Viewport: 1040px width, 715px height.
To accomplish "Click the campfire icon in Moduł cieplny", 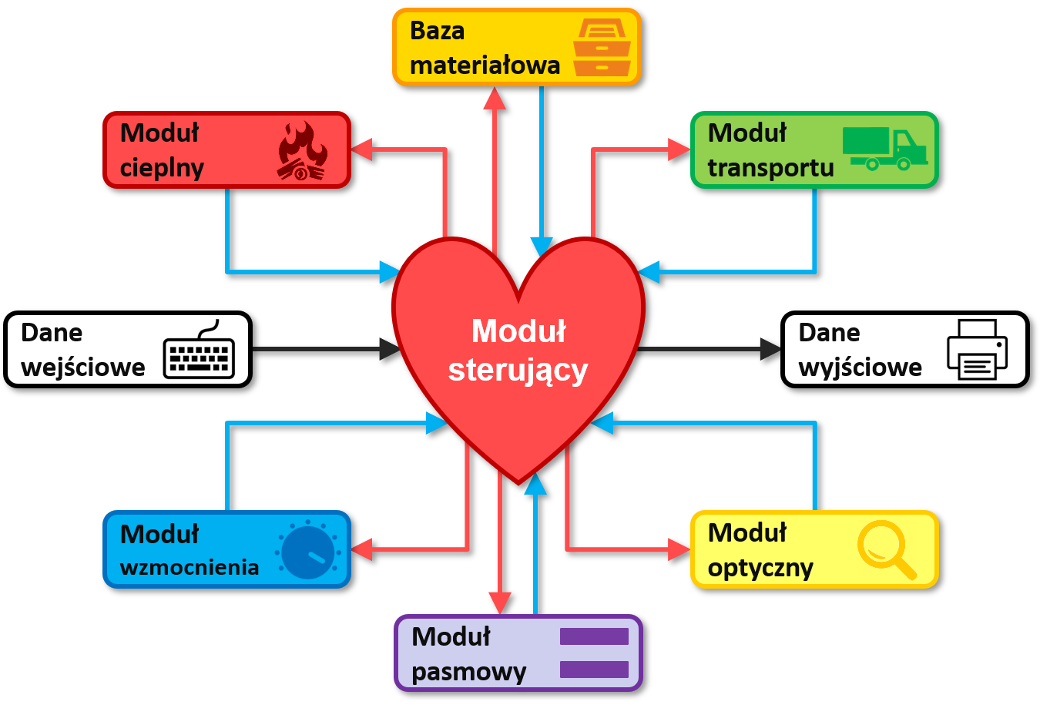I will coord(303,151).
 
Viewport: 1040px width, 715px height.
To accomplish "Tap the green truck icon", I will coord(884,148).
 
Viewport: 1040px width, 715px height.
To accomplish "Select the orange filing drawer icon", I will coord(602,48).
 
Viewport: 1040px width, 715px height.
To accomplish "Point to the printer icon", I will coord(977,350).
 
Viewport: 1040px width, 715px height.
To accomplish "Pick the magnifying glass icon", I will coord(886,549).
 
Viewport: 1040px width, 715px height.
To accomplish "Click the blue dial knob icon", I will coord(308,551).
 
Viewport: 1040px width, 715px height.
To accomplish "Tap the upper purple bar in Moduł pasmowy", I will coord(594,636).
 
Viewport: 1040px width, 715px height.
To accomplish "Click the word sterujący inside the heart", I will coord(518,370).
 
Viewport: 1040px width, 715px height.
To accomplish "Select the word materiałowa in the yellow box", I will coord(485,65).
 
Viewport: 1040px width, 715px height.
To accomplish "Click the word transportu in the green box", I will coord(770,168).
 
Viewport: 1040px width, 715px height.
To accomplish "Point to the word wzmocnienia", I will coord(190,568).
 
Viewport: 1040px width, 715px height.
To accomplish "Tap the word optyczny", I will coord(760,569).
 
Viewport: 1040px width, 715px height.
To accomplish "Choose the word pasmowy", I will coord(468,672).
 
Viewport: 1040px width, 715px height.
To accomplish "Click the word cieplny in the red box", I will coord(162,168).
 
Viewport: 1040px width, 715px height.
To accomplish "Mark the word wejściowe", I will coord(82,368).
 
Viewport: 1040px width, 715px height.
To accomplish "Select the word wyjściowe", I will coord(860,368).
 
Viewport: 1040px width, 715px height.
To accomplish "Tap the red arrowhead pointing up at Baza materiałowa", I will coord(495,98).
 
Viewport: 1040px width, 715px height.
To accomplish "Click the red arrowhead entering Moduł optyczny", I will coord(679,549).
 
